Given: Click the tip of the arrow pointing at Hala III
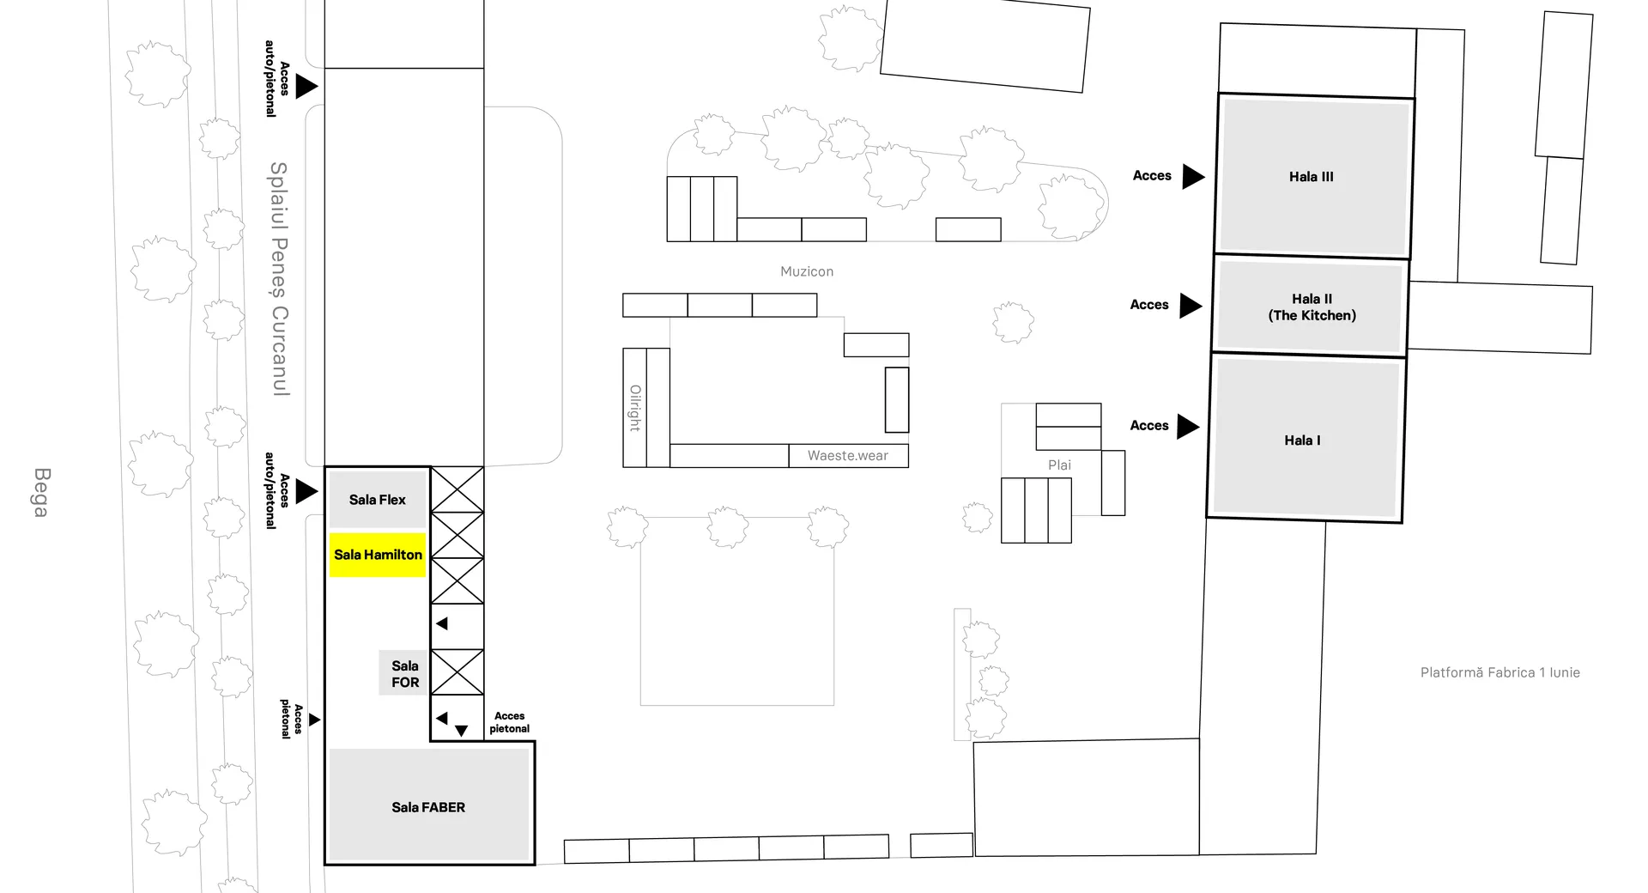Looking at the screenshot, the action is coord(1205,177).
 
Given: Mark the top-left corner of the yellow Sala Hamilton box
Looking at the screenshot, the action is coord(330,533).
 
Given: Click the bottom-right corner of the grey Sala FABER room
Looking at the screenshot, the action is coord(530,860).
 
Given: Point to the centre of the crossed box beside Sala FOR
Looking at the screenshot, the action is coord(457,672).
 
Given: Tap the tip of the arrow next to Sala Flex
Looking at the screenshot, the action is coord(318,492).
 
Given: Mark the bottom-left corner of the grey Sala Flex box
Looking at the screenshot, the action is coord(330,526).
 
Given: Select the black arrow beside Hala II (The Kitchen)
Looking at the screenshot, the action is coord(1191,306).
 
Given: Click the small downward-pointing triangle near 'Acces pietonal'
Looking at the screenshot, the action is coord(462,731).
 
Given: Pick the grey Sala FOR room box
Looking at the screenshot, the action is coord(404,673).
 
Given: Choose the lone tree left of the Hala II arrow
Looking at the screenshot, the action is coord(1014,323).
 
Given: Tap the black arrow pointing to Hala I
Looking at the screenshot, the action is coord(1189,427).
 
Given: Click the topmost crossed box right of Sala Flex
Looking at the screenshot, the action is coord(457,489).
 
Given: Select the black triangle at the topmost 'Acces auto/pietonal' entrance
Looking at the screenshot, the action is coord(307,86).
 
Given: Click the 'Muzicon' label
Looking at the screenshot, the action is coord(807,271).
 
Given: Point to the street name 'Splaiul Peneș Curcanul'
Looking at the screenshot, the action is coord(279,279).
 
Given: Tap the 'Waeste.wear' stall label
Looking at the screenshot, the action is coord(848,456).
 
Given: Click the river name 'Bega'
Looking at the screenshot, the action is coord(40,493).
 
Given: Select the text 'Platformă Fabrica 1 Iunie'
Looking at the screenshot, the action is coord(1500,672).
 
